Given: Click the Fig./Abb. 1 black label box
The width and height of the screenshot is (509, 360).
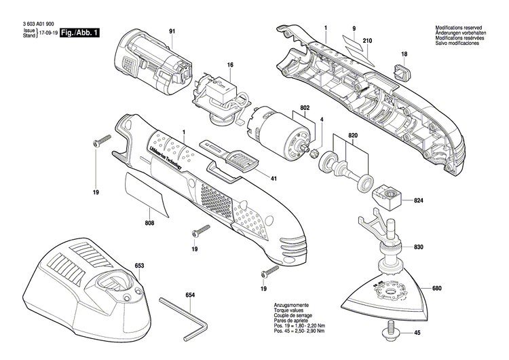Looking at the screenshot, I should pyautogui.click(x=79, y=33).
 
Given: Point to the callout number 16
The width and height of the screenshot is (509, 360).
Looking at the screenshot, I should pyautogui.click(x=230, y=65).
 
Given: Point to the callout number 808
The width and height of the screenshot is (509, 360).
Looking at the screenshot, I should pyautogui.click(x=149, y=223).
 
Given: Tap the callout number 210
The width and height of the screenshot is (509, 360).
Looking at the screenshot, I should pyautogui.click(x=367, y=42).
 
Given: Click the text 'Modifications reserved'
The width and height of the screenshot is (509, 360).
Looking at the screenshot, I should pyautogui.click(x=459, y=28).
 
